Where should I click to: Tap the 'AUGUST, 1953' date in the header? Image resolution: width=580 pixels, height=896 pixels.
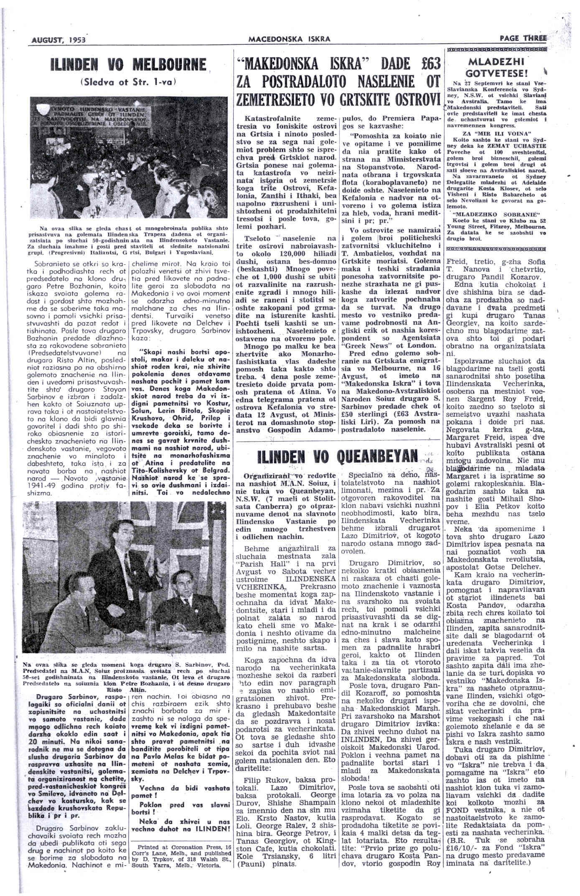click(x=59, y=40)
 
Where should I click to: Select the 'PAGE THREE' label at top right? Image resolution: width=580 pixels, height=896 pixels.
click(x=522, y=38)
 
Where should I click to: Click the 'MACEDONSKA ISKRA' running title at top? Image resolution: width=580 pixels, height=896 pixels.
click(x=290, y=39)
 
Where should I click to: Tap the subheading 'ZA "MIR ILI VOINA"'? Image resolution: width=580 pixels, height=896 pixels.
click(x=496, y=134)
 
